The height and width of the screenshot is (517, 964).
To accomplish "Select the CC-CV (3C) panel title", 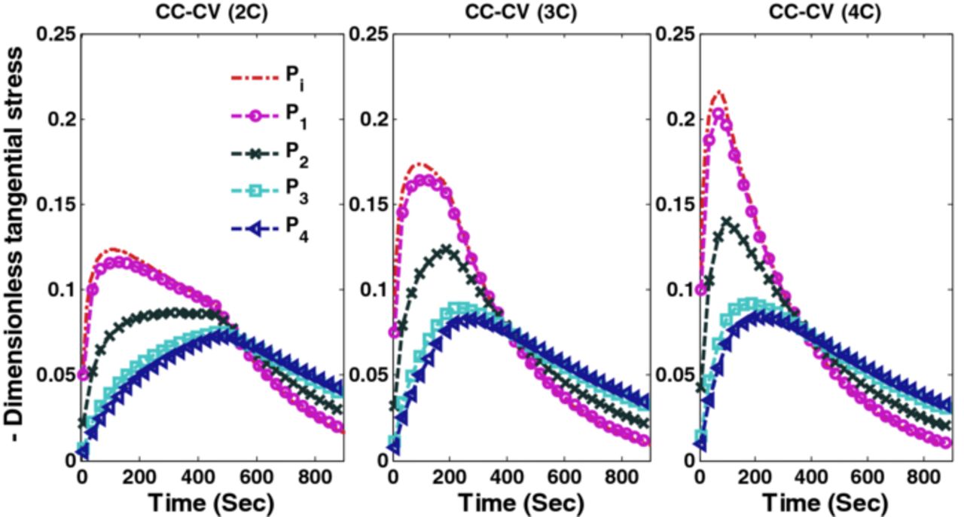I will (507, 12).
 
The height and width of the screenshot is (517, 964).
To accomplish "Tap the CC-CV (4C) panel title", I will (816, 12).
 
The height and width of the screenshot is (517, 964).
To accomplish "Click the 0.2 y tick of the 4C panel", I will (680, 119).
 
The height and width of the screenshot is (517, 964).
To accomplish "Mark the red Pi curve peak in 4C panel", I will (720, 92).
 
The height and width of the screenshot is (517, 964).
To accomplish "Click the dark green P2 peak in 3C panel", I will (447, 249).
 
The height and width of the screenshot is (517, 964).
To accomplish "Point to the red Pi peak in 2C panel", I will (113, 249).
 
